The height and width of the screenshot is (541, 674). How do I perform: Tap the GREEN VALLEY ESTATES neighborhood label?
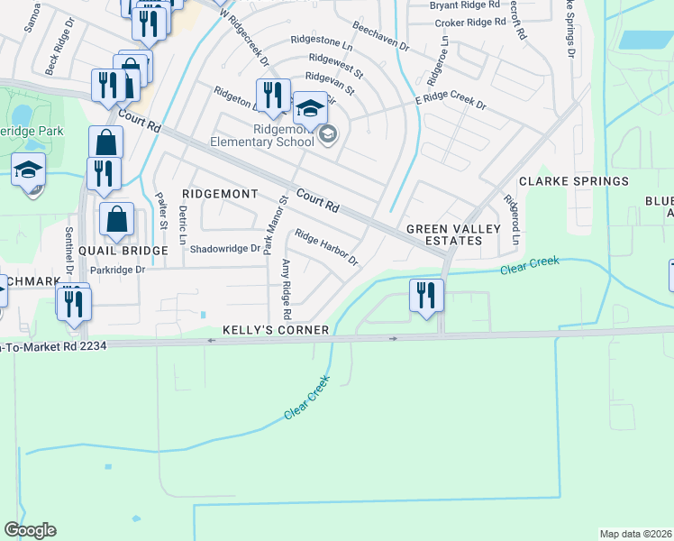453,235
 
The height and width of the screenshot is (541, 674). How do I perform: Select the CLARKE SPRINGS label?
573,181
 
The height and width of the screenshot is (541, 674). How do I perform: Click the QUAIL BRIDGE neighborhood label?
123,251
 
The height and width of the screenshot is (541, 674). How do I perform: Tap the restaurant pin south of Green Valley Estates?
424,296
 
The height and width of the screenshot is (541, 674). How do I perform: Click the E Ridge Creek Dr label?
450,105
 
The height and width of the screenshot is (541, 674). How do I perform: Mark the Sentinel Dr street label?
68,250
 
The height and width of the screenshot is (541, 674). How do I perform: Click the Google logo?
30,530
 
